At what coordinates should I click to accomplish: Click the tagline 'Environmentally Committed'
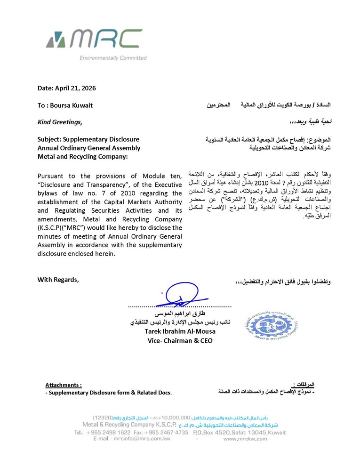(x=113, y=58)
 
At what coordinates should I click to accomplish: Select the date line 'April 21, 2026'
(x=75, y=88)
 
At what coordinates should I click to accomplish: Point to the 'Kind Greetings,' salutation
(x=60, y=122)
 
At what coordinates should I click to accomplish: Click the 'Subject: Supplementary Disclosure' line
(x=88, y=139)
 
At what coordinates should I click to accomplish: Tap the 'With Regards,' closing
(x=58, y=280)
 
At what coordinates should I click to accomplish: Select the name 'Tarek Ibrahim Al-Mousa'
(x=180, y=331)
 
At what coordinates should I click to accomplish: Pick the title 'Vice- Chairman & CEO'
(x=180, y=340)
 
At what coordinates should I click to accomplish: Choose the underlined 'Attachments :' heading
(x=64, y=385)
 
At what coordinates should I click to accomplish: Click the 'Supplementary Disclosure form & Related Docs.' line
(x=109, y=393)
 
